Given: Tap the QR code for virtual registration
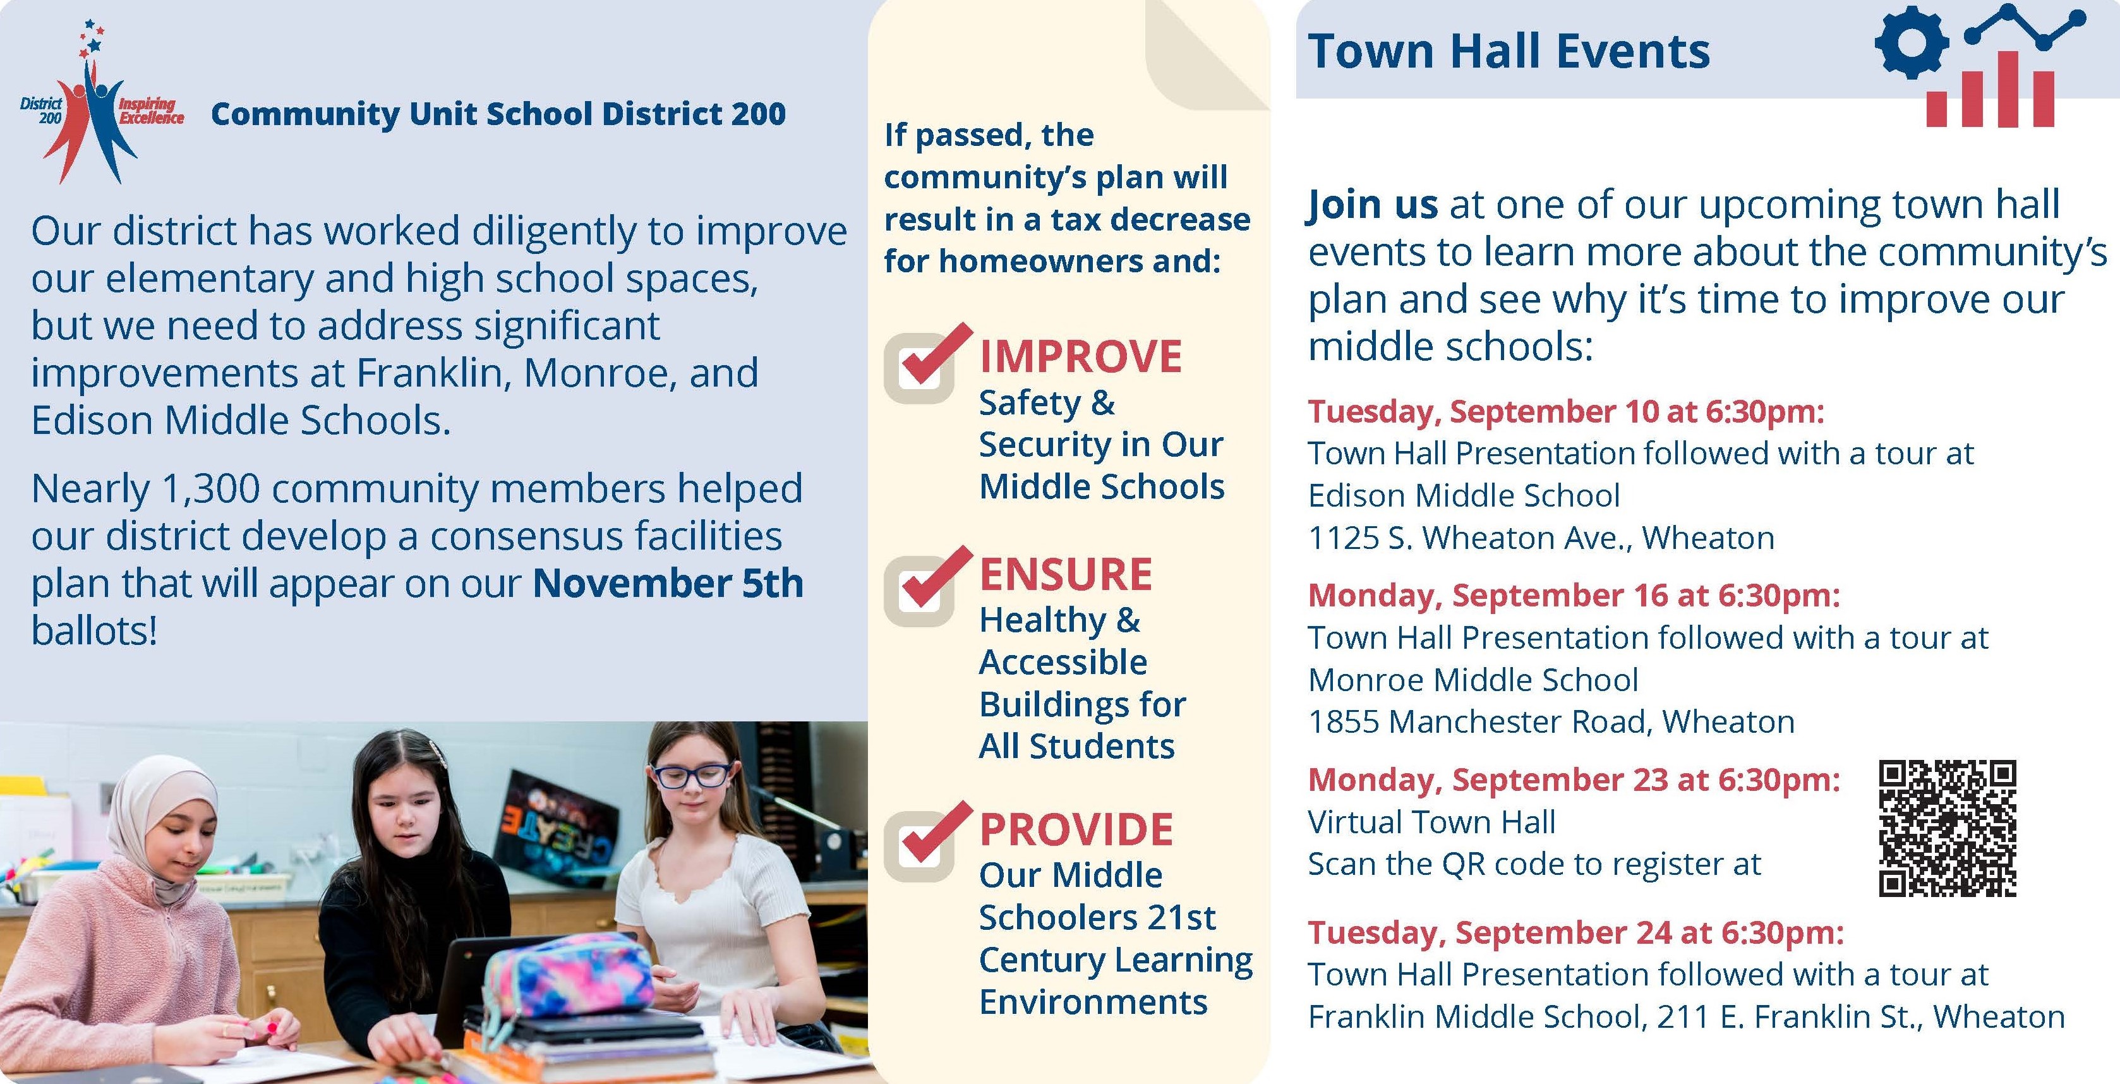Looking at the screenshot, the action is pyautogui.click(x=1947, y=828).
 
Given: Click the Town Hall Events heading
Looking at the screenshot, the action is pyautogui.click(x=1509, y=51).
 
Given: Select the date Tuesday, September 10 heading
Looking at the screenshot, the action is pyautogui.click(x=1566, y=411).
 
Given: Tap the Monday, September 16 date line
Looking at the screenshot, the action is pyautogui.click(x=1574, y=596).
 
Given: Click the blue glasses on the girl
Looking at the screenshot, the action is pyautogui.click(x=690, y=774).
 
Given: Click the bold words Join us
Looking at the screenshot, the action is pyautogui.click(x=1373, y=205).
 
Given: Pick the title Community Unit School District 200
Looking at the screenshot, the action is pyautogui.click(x=498, y=114).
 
